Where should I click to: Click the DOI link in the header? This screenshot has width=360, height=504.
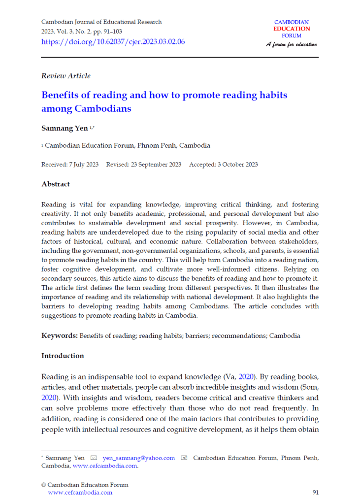pos(113,42)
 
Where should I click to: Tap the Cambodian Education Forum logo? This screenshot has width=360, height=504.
pos(292,29)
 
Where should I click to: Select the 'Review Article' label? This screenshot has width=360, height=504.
pos(65,76)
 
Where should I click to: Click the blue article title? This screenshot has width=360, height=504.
pos(164,101)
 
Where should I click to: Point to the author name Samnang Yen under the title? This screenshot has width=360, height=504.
pos(64,128)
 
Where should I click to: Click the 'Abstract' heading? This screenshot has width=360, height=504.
pos(55,184)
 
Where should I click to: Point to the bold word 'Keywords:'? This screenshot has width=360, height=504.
pos(59,336)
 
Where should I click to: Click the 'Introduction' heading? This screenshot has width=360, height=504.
pos(63,356)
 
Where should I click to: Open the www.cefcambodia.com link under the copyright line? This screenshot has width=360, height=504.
pos(80,492)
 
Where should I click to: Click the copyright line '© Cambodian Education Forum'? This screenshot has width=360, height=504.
pos(85,485)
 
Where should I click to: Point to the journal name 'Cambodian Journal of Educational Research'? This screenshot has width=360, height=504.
pos(101,22)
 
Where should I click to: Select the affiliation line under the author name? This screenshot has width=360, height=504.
pos(127,146)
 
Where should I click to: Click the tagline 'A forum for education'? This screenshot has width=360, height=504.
pos(292,44)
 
